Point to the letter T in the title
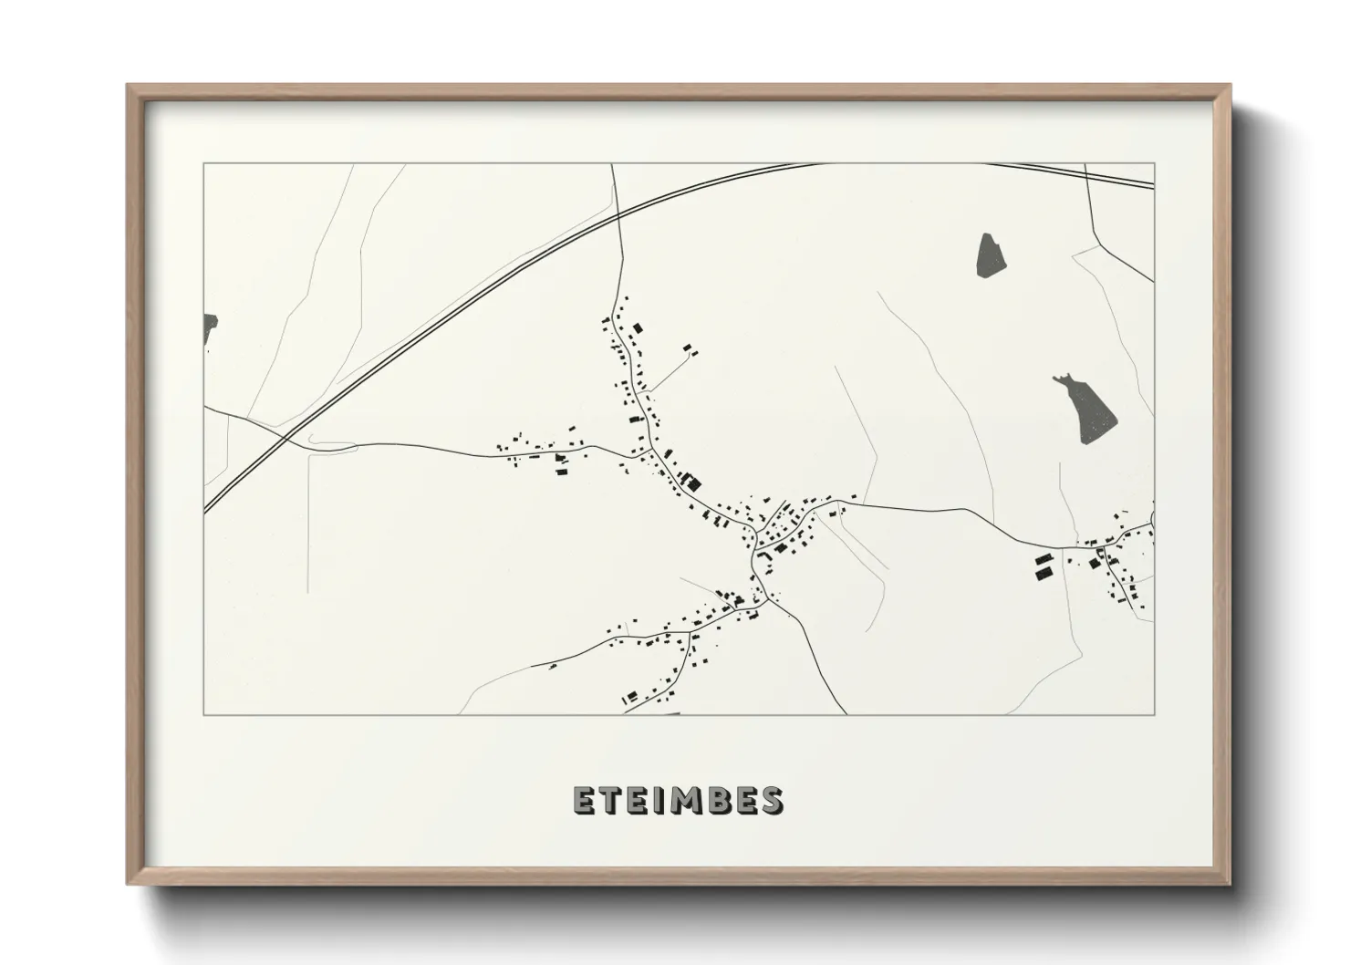coord(610,801)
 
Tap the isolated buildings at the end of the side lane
coord(691,348)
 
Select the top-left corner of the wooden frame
coord(128,86)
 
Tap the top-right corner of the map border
coord(1154,163)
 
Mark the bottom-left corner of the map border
coord(203,714)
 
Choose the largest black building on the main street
coord(696,481)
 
